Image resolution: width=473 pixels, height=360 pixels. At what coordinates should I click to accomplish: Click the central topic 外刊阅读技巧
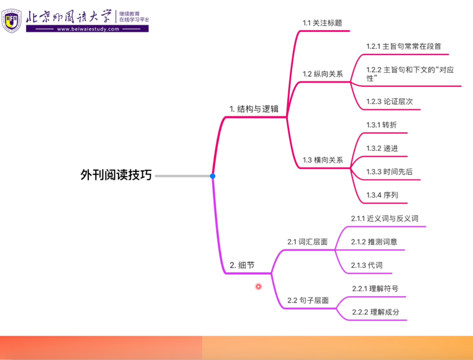point(116,175)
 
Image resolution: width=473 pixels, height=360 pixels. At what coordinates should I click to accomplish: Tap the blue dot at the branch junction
point(213,176)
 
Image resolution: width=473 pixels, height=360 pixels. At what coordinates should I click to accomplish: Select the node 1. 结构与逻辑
point(254,109)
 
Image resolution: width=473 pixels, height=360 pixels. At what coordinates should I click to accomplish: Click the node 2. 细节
point(242,265)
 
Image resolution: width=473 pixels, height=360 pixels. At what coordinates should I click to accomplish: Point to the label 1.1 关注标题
point(323,23)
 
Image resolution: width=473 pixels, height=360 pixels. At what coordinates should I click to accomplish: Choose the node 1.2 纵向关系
point(323,74)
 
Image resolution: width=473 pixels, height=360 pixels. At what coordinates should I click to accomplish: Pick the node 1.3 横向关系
point(323,160)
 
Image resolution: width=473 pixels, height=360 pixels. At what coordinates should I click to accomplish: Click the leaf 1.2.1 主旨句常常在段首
point(404,46)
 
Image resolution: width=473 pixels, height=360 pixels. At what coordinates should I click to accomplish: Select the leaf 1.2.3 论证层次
point(390,101)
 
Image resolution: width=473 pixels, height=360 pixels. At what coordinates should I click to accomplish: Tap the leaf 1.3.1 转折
point(381,125)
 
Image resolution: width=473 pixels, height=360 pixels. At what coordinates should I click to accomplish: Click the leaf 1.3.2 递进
point(382,148)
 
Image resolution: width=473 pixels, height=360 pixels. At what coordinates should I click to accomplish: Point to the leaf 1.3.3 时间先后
point(389,172)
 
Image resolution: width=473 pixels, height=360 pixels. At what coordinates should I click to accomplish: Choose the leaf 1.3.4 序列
point(382,195)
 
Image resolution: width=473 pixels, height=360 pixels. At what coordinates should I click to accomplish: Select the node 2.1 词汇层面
point(307,242)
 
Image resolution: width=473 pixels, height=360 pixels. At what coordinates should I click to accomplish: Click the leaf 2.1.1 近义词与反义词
point(385,218)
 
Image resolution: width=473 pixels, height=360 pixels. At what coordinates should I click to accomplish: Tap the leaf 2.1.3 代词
point(367,265)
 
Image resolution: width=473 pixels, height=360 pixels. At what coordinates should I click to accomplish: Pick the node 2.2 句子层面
point(308,300)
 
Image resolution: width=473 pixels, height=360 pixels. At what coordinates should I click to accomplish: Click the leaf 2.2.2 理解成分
point(375,312)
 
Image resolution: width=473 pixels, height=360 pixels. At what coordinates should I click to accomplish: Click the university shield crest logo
point(12,20)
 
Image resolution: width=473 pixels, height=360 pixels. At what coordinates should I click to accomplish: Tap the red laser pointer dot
point(259,286)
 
